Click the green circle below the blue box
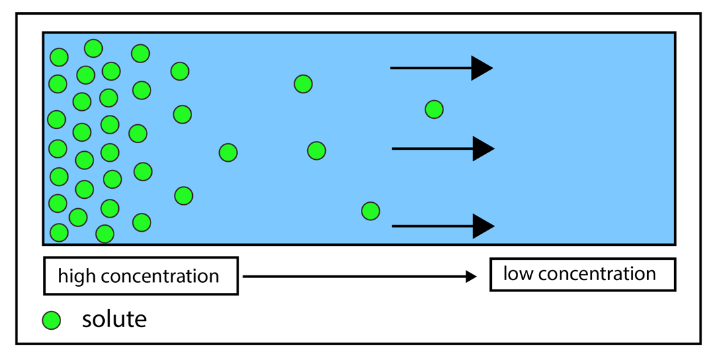coord(51,320)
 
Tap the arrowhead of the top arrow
coord(480,68)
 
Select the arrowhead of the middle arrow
coord(482,148)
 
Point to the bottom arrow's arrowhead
coord(482,226)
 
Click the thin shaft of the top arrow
coord(430,68)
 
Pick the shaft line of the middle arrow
coord(431,148)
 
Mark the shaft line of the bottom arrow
coord(431,226)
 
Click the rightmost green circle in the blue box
coord(434,109)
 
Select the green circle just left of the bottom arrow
coord(370,211)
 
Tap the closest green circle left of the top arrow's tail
coord(303,84)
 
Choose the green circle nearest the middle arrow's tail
coord(317,150)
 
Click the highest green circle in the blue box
coord(93,48)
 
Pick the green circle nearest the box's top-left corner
coord(59,57)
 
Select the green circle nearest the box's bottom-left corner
coord(59,232)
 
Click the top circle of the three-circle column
coord(180,71)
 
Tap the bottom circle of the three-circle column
coord(183,195)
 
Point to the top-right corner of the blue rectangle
coord(673,35)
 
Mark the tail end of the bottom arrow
coord(393,226)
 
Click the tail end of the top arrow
coord(392,68)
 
